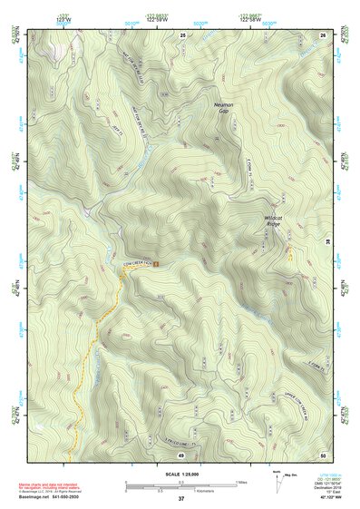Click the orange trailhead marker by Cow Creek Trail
156,264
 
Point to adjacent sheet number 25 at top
182,34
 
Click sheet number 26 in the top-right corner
323,34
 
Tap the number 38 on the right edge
327,240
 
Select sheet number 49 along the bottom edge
181,454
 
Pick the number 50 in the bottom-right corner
323,454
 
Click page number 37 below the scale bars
181,499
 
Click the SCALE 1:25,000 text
181,475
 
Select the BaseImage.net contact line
50,496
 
